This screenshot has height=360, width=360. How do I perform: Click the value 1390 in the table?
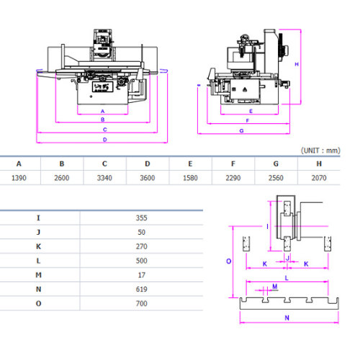point(19,178)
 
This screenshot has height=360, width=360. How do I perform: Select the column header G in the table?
point(276,163)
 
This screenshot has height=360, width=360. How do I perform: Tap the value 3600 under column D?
point(148,178)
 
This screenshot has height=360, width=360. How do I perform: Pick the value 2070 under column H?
point(319,178)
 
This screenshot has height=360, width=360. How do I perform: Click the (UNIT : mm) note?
point(320,150)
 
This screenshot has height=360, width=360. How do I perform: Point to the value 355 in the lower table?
point(142,218)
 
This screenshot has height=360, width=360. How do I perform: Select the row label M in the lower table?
point(38,275)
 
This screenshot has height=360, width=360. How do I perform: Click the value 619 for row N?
point(142,289)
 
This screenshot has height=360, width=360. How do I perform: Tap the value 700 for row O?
point(142,303)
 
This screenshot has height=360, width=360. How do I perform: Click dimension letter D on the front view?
point(105,140)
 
